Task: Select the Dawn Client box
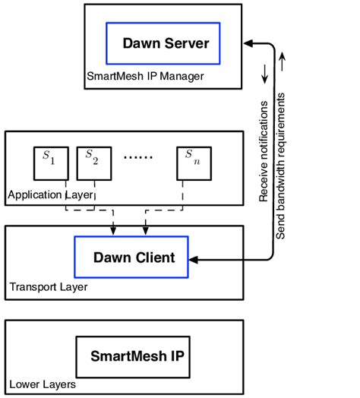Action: click(133, 258)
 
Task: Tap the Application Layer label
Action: click(50, 194)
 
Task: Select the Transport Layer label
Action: click(48, 287)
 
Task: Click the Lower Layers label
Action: click(43, 384)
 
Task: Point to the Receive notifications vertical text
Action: click(264, 151)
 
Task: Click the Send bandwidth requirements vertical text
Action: click(280, 166)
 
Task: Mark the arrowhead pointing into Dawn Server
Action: click(226, 44)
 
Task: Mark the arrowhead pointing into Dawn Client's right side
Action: click(194, 259)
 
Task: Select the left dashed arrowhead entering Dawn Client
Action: click(112, 232)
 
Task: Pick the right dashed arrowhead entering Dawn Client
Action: click(146, 232)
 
